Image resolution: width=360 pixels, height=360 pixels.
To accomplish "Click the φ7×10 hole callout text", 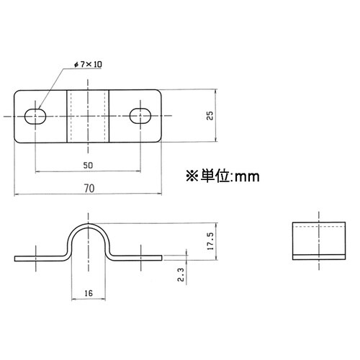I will pos(89,65).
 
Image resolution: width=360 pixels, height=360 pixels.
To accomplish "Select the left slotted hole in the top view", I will pos(37,115).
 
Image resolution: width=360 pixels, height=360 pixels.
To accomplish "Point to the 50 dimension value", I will pos(88,164).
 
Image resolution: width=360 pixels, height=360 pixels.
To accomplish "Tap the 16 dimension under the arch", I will pos(88,294).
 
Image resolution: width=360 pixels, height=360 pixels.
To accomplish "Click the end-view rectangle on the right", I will pos(318,241).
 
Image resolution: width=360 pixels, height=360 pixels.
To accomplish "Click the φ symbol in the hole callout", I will pos(77,65).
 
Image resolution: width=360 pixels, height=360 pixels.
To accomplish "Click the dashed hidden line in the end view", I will pos(318,228).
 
